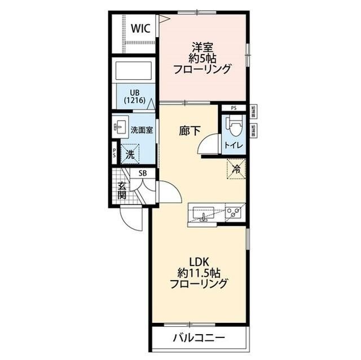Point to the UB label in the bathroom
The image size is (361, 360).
(135, 92)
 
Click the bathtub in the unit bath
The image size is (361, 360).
(135, 72)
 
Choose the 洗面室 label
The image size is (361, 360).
(142, 130)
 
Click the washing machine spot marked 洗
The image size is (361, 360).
(130, 153)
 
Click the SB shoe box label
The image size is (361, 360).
(142, 174)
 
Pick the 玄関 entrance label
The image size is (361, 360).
(122, 190)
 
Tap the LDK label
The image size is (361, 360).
(199, 261)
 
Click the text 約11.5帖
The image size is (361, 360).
(199, 273)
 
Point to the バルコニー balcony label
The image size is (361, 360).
(199, 339)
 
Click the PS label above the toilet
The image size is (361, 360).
(234, 108)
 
